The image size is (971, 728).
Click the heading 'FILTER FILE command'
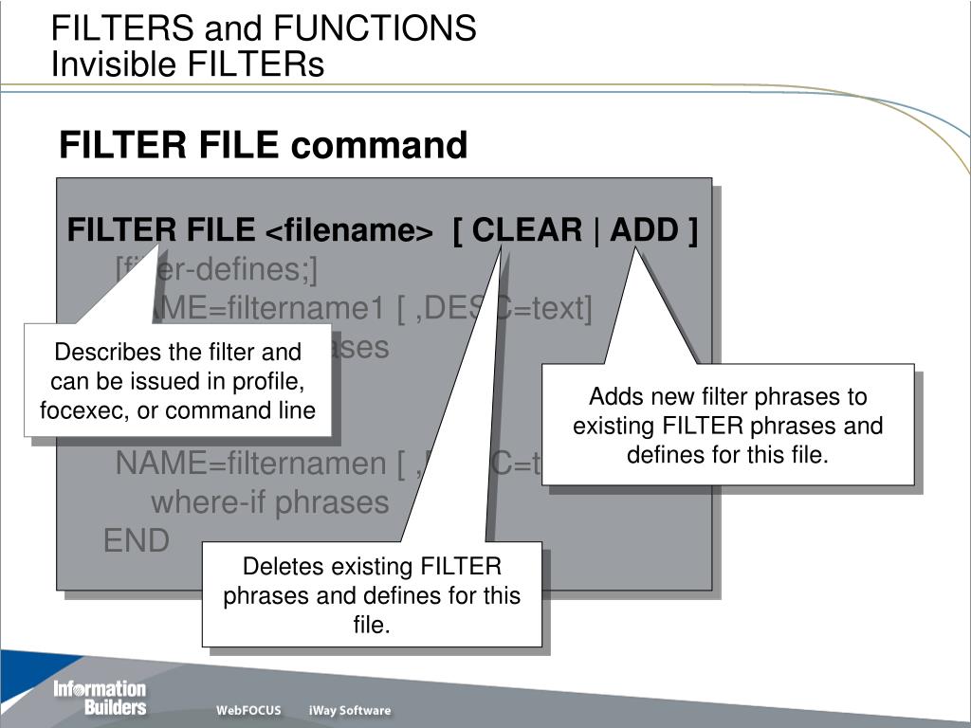tap(263, 146)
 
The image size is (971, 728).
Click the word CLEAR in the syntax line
tap(527, 230)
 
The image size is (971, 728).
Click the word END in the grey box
tap(136, 541)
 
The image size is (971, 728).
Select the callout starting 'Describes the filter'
tap(177, 381)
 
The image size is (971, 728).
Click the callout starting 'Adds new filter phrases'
tap(727, 425)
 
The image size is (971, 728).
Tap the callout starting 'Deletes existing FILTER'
tap(372, 595)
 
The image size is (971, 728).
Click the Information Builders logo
tap(100, 698)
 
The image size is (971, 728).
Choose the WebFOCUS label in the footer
tap(248, 711)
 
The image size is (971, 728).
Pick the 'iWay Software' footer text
tap(349, 711)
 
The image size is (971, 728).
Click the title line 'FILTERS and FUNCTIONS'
tap(264, 28)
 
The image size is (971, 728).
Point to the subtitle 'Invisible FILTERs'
tap(187, 64)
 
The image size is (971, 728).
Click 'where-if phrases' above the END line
tap(269, 502)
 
